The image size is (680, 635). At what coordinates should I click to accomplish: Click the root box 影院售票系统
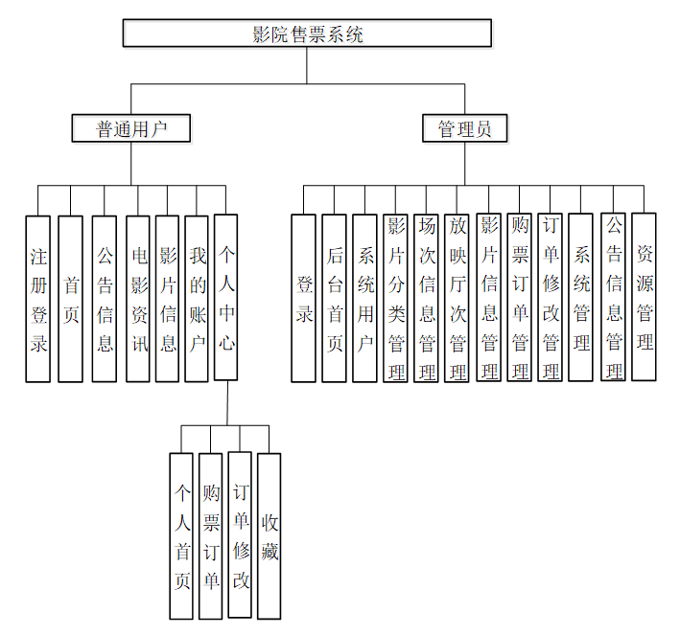307,34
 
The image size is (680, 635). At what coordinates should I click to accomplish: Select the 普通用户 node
131,128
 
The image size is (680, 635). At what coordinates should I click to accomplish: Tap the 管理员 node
464,128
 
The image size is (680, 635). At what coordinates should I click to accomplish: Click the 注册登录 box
38,299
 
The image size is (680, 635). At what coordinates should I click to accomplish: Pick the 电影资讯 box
139,299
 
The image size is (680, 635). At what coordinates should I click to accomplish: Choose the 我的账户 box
197,299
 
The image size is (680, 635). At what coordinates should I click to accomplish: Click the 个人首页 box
181,535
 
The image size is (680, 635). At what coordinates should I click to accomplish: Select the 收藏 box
270,535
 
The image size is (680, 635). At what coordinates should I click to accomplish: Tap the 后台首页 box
334,298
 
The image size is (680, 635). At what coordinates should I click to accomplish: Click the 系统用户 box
364,298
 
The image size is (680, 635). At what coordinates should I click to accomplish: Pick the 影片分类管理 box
395,298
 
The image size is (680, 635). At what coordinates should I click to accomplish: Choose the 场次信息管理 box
426,298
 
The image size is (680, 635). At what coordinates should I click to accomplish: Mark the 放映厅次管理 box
457,298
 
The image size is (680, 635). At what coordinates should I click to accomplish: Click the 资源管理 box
645,296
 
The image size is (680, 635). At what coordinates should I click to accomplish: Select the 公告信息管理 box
614,297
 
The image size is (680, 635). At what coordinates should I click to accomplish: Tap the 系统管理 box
580,297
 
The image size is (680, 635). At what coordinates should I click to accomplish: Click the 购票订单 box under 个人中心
211,535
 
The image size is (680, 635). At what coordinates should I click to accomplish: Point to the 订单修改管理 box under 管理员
550,297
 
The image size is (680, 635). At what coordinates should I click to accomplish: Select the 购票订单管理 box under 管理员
519,297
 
